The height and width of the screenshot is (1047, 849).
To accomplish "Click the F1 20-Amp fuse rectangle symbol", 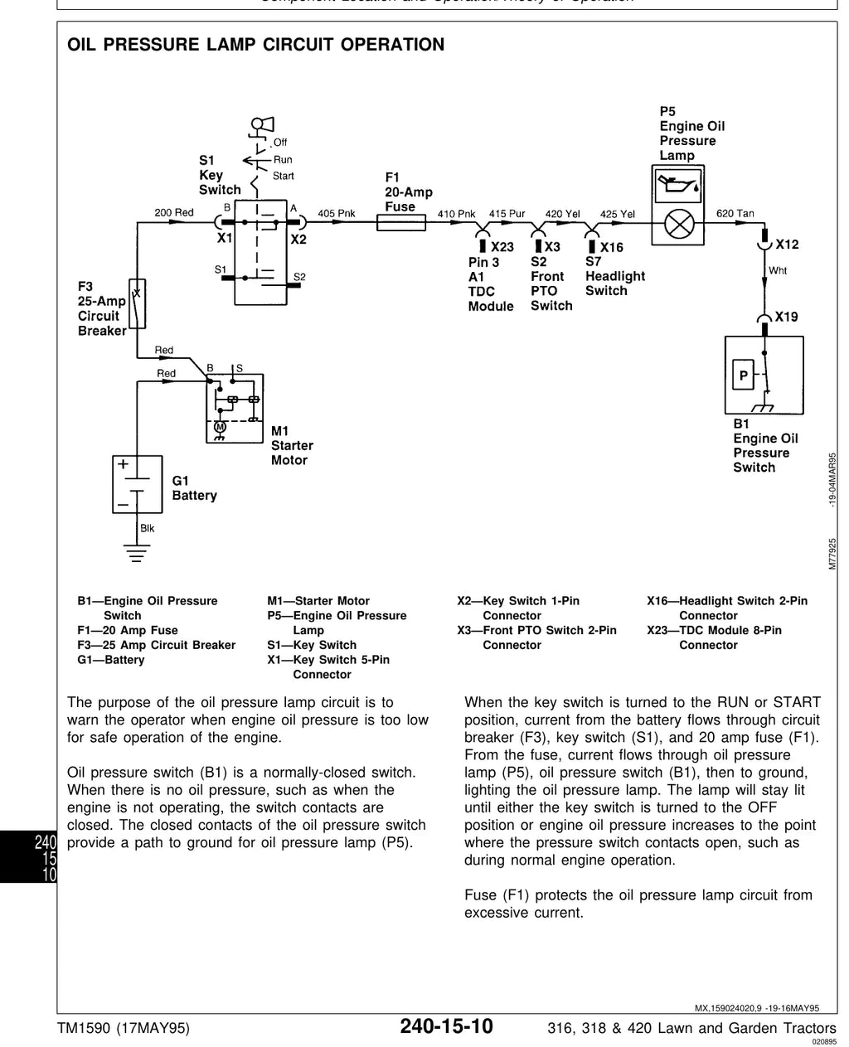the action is tap(400, 222).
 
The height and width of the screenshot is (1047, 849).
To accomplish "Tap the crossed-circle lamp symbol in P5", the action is tap(679, 224).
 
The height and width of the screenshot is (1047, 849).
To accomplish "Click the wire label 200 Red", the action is tap(174, 212).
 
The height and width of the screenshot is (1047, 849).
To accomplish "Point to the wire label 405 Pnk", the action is tap(337, 213).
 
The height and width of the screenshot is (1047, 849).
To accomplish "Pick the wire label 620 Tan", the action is tap(735, 213).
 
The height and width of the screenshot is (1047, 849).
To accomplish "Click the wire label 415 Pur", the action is tap(507, 213).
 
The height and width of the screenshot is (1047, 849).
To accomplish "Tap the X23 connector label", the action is tap(502, 247).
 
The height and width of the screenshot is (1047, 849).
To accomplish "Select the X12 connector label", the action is tap(787, 245).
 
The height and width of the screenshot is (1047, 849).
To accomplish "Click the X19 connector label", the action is tap(786, 317).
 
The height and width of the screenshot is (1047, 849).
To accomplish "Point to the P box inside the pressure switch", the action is tap(743, 375).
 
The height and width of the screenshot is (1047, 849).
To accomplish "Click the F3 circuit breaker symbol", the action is tap(137, 303).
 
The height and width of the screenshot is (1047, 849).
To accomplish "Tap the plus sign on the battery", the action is tap(123, 463).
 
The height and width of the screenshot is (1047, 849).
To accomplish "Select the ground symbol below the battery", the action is tap(137, 552).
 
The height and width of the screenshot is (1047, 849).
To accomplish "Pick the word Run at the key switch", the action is tap(283, 159).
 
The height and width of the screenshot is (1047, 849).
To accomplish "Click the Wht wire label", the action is tap(778, 270).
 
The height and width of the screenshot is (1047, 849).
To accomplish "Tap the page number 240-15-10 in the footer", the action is tap(446, 1026).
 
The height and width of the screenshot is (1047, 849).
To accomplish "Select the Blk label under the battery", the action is tap(147, 528).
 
